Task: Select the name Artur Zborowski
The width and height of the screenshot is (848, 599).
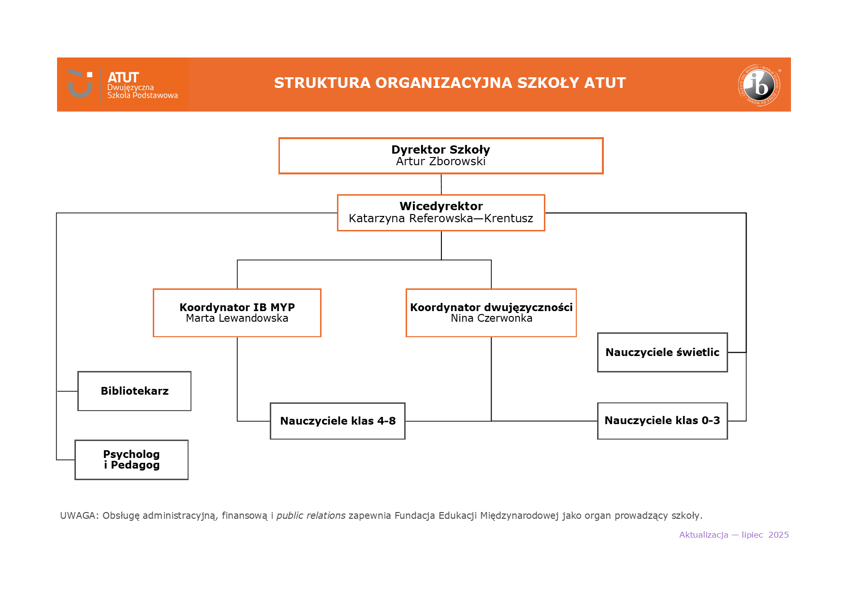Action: pos(440,162)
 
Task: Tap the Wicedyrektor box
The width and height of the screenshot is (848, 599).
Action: pos(440,206)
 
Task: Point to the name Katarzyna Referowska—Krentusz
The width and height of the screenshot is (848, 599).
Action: pos(440,218)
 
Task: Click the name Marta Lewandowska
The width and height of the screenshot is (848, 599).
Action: pos(237,318)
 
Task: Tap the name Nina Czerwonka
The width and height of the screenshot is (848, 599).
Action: pos(491,318)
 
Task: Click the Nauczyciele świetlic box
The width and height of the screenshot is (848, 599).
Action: pos(662,352)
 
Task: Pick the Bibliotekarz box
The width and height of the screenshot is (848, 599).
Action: pos(134,391)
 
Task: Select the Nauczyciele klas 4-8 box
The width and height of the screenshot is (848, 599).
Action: pos(337,421)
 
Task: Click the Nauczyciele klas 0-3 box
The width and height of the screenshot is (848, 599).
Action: pos(662,420)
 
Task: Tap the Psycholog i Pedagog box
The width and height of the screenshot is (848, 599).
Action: pos(132,459)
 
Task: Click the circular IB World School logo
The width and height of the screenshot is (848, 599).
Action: pos(759,85)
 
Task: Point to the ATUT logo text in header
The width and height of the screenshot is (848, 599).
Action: pos(123,78)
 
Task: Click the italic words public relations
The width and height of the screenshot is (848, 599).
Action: pos(310,515)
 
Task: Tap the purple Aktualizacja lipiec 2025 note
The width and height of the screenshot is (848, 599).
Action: pos(733,535)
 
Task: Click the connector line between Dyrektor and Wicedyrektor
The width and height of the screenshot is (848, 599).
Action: pos(441,184)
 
